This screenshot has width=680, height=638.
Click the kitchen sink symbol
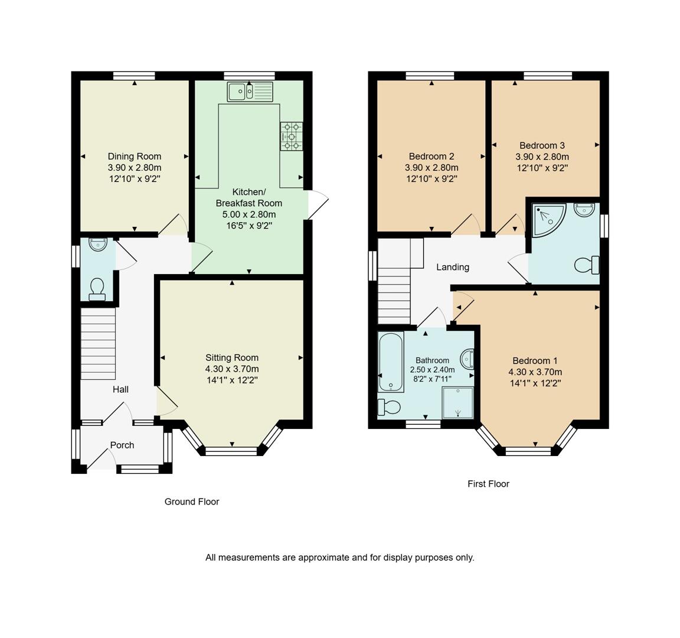pyautogui.click(x=251, y=91)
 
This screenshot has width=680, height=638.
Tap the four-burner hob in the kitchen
pyautogui.click(x=292, y=136)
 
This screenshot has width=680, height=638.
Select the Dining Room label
pyautogui.click(x=134, y=157)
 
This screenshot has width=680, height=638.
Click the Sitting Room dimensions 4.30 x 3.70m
pyautogui.click(x=232, y=369)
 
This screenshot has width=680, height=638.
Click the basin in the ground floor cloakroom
pyautogui.click(x=97, y=244)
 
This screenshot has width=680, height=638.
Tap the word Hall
pyautogui.click(x=120, y=389)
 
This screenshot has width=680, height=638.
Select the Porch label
pyautogui.click(x=122, y=445)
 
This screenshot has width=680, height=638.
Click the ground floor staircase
pyautogui.click(x=97, y=346)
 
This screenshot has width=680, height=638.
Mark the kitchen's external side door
pyautogui.click(x=318, y=204)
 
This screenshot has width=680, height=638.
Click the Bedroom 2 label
pyautogui.click(x=431, y=157)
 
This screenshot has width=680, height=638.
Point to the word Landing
pyautogui.click(x=453, y=267)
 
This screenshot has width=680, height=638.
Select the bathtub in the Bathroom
pyautogui.click(x=391, y=362)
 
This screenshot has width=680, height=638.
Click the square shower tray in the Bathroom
pyautogui.click(x=457, y=402)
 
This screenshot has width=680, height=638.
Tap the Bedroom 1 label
pyautogui.click(x=535, y=361)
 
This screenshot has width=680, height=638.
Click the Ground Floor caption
pyautogui.click(x=192, y=502)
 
